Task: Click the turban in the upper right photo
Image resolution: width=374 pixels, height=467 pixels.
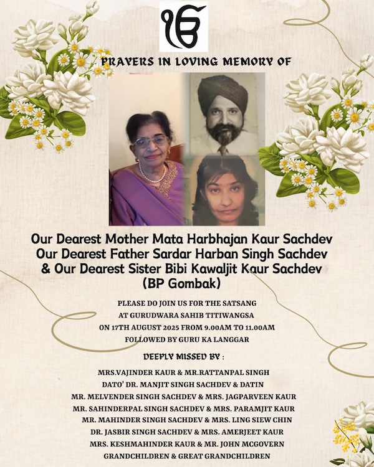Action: (224, 90)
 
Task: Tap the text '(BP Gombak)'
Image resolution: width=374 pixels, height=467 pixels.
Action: (185, 283)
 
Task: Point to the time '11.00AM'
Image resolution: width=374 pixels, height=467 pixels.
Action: (258, 327)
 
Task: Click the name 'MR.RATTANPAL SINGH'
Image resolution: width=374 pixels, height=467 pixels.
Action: (232, 372)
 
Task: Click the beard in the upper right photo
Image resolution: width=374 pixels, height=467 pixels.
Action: (223, 134)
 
